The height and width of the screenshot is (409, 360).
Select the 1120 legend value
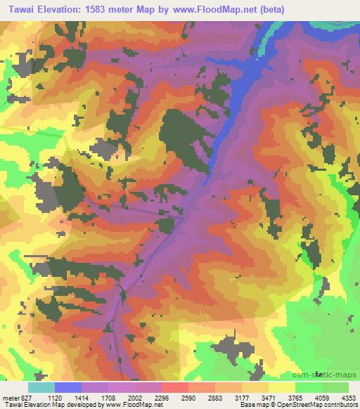[56, 397]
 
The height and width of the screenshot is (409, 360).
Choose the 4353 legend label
[349, 397]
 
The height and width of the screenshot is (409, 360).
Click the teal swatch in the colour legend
[41, 387]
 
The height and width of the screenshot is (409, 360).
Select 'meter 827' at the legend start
[15, 397]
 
